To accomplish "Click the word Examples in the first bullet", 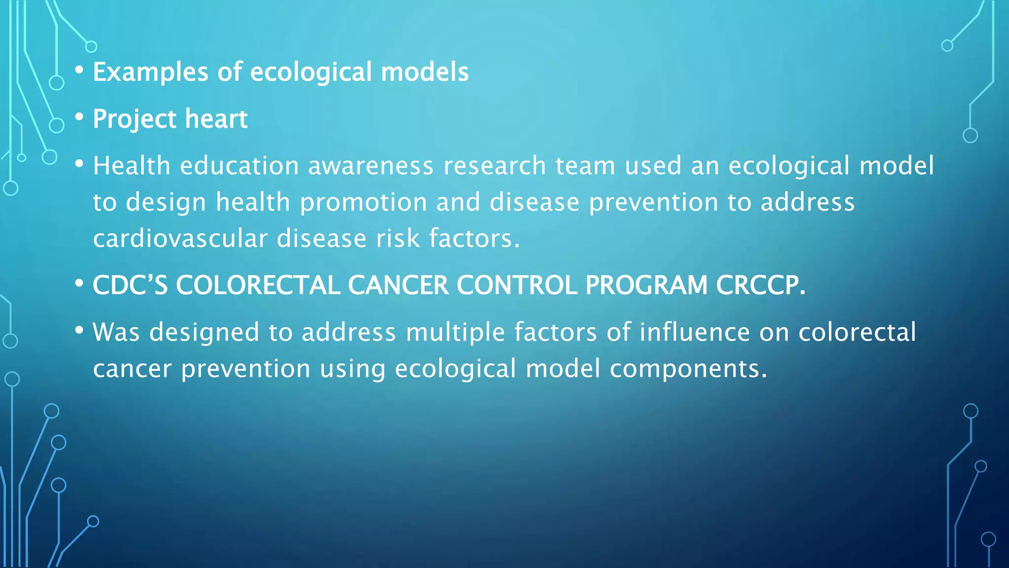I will (x=150, y=72).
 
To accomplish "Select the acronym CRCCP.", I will (x=760, y=285).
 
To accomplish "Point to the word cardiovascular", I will (x=180, y=239).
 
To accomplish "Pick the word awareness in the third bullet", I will (x=370, y=166).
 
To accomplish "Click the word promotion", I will (x=363, y=202).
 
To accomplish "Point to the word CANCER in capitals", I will (x=398, y=285).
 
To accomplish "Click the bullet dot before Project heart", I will (x=79, y=117).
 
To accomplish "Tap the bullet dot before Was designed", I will (x=79, y=330).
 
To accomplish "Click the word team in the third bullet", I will (x=585, y=166).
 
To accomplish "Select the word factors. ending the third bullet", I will (x=474, y=239).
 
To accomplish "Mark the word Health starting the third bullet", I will (x=132, y=166).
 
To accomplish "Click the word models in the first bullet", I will (x=425, y=72).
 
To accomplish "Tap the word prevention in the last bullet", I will (x=245, y=369).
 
